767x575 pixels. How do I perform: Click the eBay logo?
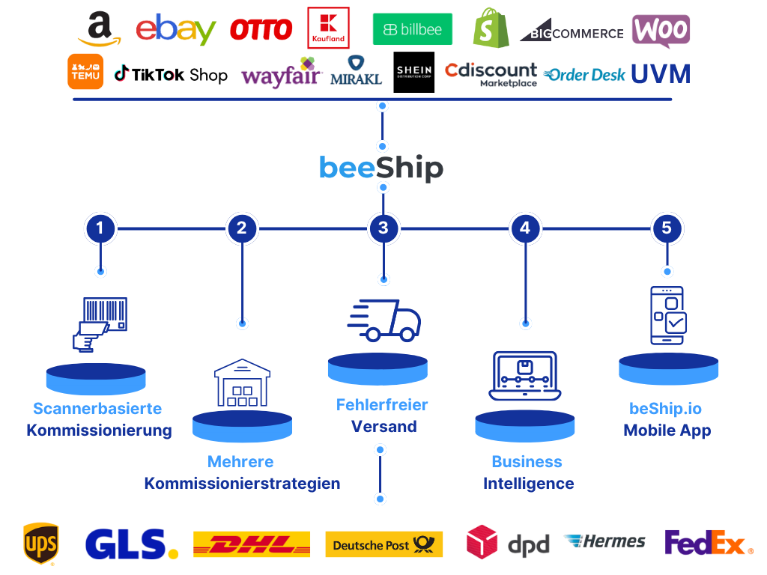click(176, 29)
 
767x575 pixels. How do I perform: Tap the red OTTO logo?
click(261, 30)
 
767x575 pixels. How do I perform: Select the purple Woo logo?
click(661, 31)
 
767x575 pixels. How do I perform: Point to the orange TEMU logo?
click(85, 72)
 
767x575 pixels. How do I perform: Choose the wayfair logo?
click(281, 75)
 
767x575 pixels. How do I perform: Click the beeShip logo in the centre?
click(381, 168)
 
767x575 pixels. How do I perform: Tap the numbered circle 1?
click(100, 228)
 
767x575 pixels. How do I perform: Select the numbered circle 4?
click(525, 228)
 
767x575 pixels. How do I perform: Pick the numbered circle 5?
click(667, 228)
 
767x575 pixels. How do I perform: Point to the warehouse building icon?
click(242, 383)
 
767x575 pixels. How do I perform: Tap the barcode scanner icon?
click(100, 323)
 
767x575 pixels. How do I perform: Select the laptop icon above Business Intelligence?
click(525, 375)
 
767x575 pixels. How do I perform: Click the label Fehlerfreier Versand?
click(382, 416)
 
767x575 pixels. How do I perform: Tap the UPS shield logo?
click(40, 543)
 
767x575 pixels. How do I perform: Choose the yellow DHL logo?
click(252, 544)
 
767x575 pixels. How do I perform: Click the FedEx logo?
click(708, 543)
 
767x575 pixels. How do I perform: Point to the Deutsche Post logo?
click(384, 545)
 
